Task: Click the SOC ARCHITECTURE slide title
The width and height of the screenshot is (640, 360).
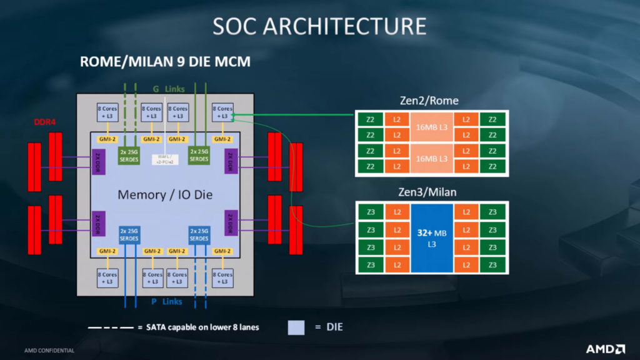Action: [319, 26]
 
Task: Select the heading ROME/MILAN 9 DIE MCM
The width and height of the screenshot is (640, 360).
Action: [165, 62]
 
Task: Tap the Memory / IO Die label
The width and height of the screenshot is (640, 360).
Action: [165, 195]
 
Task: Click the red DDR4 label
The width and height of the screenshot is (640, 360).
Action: [45, 122]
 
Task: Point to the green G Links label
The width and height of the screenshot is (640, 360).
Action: [165, 89]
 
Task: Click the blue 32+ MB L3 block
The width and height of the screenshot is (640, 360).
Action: [431, 238]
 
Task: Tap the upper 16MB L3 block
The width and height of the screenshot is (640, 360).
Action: [431, 127]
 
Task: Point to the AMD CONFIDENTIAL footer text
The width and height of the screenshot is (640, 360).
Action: [49, 351]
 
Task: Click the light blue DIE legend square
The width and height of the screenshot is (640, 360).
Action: [296, 327]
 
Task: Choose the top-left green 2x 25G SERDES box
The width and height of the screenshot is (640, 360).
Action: [130, 155]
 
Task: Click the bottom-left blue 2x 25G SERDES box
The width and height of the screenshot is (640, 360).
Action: [130, 234]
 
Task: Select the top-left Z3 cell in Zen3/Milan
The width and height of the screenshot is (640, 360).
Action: [371, 212]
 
